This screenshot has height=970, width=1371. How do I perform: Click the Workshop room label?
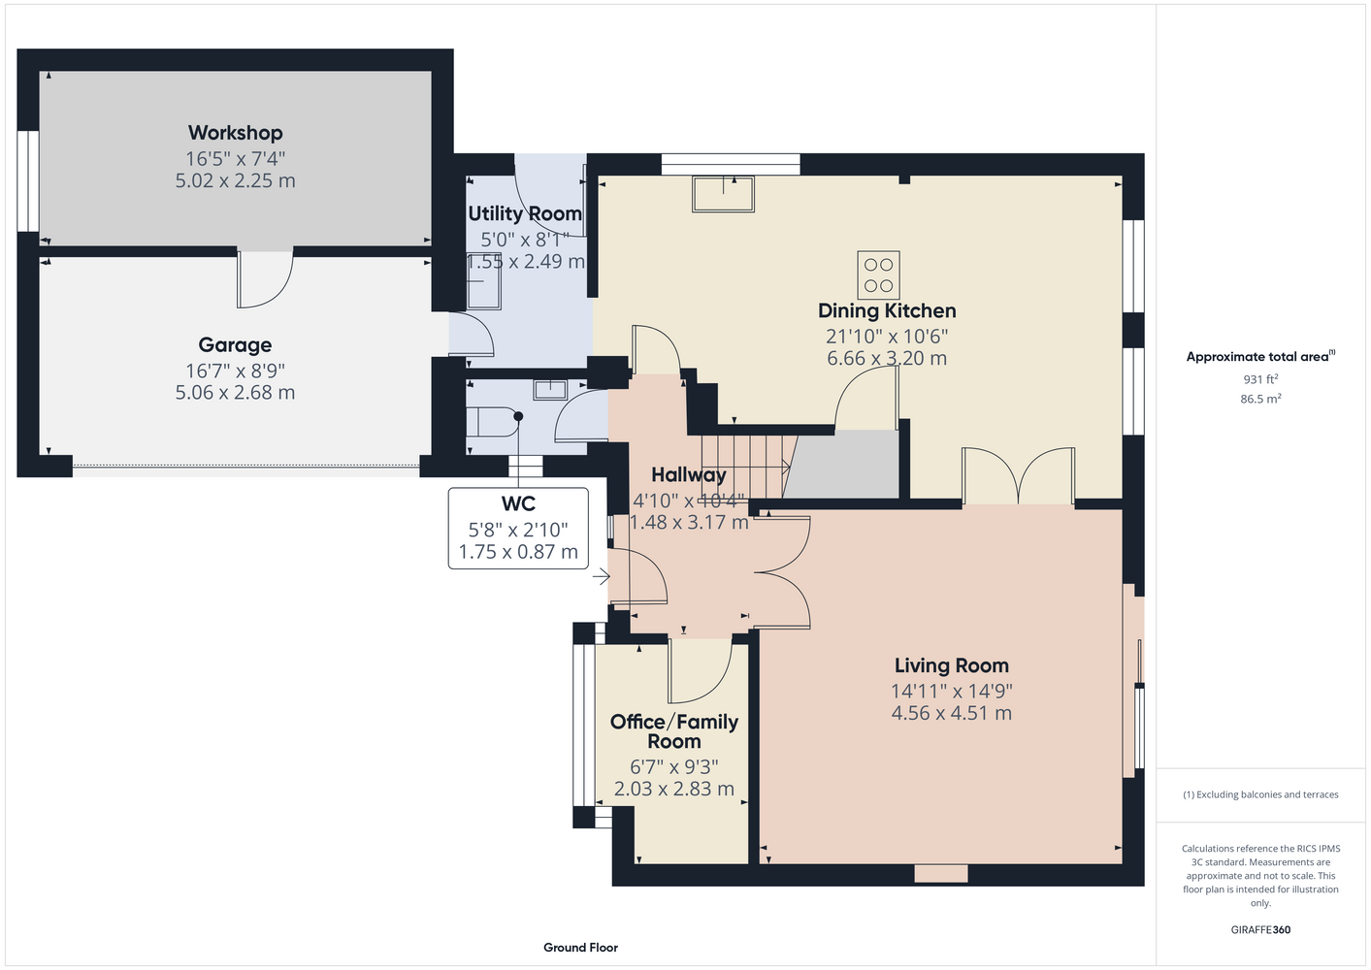[235, 133]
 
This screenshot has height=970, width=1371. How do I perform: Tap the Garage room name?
[235, 345]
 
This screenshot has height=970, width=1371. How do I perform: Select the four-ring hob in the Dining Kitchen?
[878, 275]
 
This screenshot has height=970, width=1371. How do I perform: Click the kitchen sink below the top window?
[723, 194]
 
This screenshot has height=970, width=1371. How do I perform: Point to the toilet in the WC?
[492, 422]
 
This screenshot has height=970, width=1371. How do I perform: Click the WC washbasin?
[550, 390]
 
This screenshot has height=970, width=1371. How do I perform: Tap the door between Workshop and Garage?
[265, 279]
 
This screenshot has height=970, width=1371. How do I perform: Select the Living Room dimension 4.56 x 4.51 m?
[951, 713]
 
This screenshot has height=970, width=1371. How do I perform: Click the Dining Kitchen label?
[887, 311]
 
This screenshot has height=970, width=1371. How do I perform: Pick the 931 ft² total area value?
[1260, 379]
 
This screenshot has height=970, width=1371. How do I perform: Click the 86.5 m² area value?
[1260, 399]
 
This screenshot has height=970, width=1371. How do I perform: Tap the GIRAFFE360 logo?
[1260, 929]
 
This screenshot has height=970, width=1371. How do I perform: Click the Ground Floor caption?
[580, 948]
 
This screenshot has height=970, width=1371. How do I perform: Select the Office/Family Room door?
[701, 670]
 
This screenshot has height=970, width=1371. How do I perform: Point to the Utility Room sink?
[484, 281]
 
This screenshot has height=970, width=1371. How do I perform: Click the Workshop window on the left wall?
[27, 181]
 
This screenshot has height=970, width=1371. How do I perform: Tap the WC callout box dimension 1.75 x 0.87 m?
[518, 552]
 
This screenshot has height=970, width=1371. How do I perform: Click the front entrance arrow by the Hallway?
[601, 576]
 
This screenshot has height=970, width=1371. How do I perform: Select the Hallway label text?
[689, 475]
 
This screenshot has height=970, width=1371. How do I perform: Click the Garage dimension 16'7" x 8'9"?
[235, 371]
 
